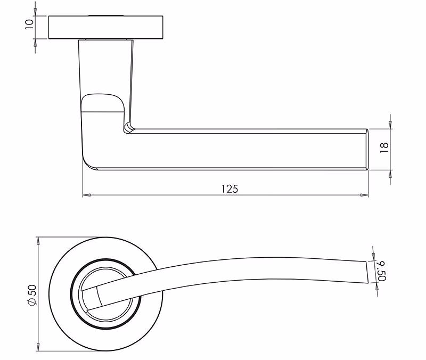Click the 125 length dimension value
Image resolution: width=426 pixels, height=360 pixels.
pos(230,189)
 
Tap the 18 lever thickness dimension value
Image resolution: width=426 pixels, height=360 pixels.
pos(384,148)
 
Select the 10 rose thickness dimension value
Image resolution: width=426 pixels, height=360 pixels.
pos(29,24)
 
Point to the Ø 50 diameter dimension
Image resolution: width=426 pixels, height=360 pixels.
pos(32,295)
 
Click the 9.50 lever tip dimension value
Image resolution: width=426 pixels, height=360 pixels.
pos(382,271)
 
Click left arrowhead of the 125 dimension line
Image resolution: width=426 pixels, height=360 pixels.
pos(87,195)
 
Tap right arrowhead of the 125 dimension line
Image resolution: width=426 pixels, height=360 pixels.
pos(364,195)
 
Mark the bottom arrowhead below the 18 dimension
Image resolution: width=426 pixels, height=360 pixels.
pos(390,174)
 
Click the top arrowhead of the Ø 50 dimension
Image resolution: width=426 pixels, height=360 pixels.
pos(38,241)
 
